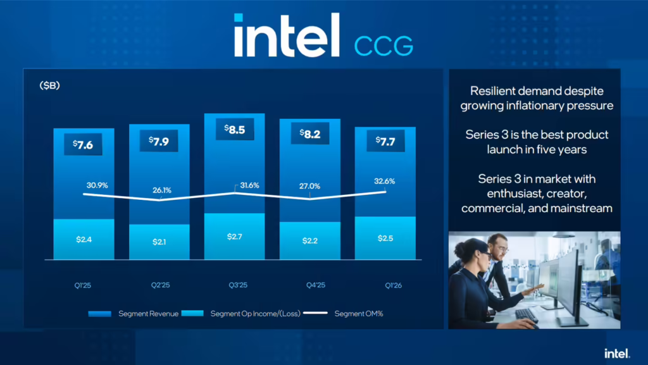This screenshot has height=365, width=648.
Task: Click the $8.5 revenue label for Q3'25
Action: pos(235,130)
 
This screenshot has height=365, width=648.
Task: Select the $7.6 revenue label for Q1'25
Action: pos(84,144)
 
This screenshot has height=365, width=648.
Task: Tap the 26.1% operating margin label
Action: pos(159,189)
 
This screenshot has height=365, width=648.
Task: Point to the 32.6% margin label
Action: pos(385,181)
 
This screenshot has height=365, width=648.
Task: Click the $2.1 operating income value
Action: pos(159,242)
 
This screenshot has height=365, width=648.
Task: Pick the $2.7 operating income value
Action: pos(235,236)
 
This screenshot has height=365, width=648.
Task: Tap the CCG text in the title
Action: pos(383,46)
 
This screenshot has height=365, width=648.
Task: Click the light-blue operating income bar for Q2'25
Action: pos(159,242)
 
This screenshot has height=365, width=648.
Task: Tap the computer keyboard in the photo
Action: pos(526,314)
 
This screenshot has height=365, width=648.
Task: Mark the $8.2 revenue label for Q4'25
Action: pos(310,135)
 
